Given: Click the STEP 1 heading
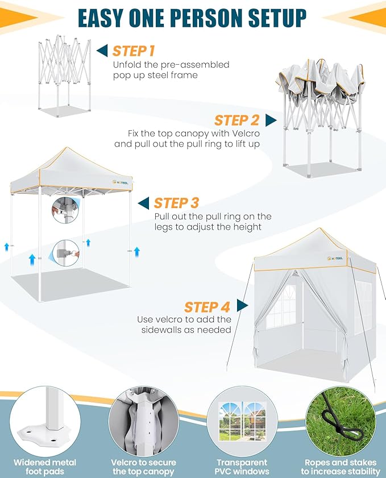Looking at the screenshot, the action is tap(134, 51).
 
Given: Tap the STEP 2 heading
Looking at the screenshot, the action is tap(236, 120).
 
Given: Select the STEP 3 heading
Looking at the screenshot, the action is tap(176, 203).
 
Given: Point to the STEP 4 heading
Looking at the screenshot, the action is tap(207, 307).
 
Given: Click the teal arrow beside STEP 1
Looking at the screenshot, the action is tap(102, 50).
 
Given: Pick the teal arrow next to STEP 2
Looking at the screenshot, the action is tap(271, 120).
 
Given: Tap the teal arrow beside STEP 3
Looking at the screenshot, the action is tap(143, 203).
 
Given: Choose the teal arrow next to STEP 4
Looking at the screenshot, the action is tap(242, 305).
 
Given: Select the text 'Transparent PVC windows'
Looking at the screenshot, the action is tap(242, 467).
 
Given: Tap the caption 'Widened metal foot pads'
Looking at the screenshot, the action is tap(45, 467).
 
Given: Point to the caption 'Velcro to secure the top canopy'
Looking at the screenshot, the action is tap(144, 467).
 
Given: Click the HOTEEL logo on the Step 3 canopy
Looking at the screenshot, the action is tap(121, 182).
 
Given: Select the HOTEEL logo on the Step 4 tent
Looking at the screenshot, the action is tap(335, 259).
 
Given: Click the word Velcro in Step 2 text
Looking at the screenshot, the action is tap(246, 133).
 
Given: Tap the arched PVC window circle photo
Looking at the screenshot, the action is tap(242, 421).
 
